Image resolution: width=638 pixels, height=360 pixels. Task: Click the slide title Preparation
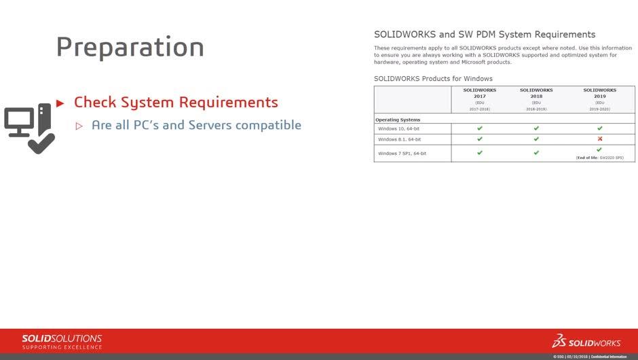[x=130, y=47]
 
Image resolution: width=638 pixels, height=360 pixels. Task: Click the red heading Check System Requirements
[x=176, y=103]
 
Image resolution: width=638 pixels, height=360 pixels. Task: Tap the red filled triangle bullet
[x=60, y=103]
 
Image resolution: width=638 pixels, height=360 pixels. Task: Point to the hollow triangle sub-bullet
[x=79, y=126]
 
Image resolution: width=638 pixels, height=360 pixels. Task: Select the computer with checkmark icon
[x=29, y=128]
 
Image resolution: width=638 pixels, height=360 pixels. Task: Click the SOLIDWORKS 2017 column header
[x=479, y=94]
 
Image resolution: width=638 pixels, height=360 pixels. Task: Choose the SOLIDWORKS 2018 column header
[x=536, y=94]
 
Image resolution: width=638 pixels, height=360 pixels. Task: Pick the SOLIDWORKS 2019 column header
[x=599, y=94]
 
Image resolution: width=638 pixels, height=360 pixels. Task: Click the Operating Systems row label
[x=398, y=120]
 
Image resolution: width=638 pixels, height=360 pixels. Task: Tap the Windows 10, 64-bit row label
[x=398, y=128]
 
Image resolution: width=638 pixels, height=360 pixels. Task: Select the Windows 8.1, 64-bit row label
[x=399, y=139]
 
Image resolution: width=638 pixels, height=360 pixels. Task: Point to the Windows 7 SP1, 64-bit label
[x=402, y=154]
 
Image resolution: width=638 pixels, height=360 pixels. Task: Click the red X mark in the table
[x=599, y=139]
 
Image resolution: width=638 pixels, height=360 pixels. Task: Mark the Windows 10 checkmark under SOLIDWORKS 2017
[x=480, y=128]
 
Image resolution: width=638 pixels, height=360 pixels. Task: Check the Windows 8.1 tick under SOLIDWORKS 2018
[x=536, y=139]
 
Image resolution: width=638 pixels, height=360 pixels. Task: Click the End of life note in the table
[x=599, y=158]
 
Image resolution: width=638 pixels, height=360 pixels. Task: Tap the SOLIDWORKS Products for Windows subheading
[x=433, y=79]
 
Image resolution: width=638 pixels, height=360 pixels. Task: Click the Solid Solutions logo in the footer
[x=62, y=342]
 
